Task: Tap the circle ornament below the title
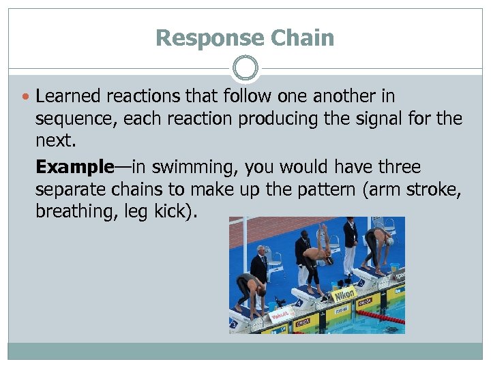click(x=245, y=68)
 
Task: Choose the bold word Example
click(x=74, y=167)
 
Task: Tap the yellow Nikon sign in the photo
click(x=344, y=294)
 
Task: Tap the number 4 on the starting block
click(x=298, y=303)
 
